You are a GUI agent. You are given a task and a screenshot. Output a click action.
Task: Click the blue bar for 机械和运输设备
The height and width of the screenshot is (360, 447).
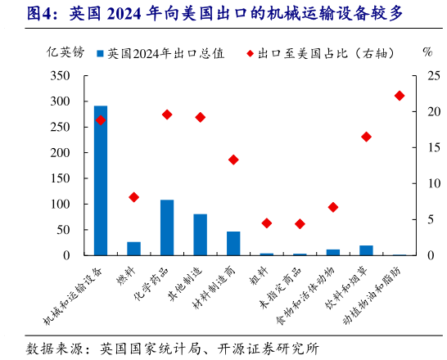101,181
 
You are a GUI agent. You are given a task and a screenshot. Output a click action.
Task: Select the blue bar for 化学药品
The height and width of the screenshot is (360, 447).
167,227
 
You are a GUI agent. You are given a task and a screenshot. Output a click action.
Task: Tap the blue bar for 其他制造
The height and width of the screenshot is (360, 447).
200,235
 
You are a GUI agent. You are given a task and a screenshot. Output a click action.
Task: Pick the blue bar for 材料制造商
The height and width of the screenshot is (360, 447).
233,244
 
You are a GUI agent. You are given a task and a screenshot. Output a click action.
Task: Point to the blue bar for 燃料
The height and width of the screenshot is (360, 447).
133,249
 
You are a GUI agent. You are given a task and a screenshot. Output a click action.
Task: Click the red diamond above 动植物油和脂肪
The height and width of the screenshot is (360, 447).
400,96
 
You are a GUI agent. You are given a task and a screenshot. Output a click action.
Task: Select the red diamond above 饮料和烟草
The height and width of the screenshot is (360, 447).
366,137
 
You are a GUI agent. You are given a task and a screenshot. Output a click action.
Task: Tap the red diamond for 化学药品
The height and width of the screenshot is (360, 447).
167,115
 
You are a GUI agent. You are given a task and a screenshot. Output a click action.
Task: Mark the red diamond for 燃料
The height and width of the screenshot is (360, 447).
133,197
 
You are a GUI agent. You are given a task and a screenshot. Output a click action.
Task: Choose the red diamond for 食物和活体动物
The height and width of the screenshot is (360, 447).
333,208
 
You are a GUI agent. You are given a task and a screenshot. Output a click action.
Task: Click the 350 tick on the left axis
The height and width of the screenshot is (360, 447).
70,76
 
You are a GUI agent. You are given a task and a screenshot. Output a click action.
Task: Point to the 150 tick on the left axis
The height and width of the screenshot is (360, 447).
70,178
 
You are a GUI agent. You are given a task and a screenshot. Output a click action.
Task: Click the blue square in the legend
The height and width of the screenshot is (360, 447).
100,54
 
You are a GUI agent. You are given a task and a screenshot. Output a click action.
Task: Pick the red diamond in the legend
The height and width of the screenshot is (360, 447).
250,54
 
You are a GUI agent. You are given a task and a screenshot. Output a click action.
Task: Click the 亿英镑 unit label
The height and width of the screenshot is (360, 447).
65,52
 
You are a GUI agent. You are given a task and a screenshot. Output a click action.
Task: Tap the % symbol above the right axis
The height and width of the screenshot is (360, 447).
427,52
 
